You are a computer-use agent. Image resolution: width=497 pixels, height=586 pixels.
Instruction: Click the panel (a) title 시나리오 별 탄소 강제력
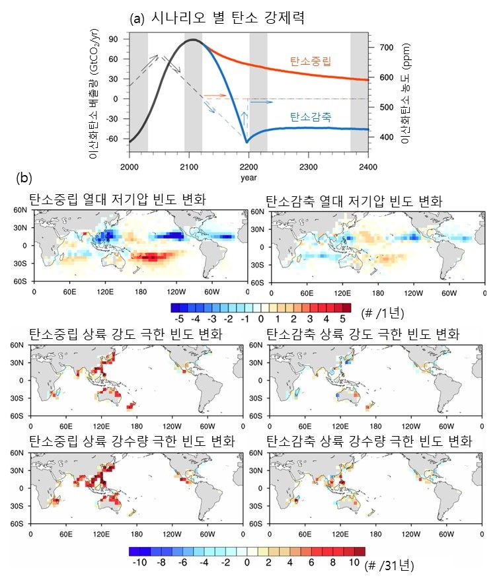coord(225,18)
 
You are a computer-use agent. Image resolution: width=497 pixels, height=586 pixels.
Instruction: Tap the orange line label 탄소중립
coord(310,61)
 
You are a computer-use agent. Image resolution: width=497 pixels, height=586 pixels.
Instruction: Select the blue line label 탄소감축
coord(310,116)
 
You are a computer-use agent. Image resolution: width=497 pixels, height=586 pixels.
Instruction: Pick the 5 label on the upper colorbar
coord(342,318)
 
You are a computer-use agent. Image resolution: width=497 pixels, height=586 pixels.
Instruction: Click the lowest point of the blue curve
coord(247,142)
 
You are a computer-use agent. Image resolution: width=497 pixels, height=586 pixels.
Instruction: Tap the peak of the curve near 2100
coord(192,40)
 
